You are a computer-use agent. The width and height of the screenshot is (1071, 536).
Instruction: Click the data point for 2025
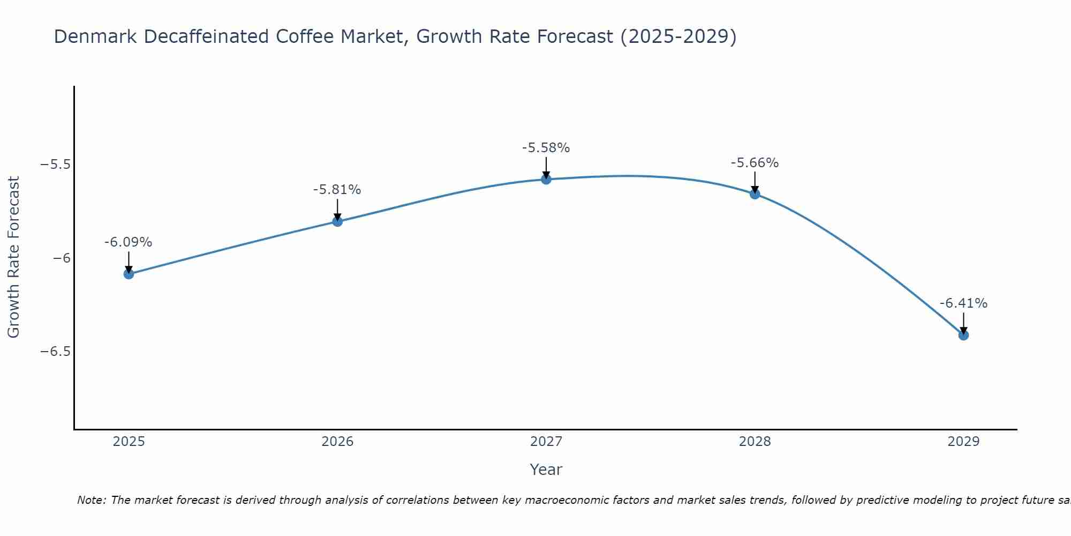coord(129,274)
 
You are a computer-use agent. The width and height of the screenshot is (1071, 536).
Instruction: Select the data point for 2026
coord(337,221)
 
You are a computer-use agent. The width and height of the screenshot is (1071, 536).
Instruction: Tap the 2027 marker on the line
coord(546,179)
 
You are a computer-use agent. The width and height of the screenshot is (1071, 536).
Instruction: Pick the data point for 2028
coord(755,194)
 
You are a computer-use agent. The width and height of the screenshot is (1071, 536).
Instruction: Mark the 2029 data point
coord(963,335)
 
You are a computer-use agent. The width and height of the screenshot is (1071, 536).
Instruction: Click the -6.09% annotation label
coord(128,242)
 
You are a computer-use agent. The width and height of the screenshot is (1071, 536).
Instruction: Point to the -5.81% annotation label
coord(337,190)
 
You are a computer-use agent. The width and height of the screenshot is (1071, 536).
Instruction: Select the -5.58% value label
coord(546,148)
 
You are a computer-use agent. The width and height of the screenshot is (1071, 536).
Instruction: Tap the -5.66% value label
coord(755,163)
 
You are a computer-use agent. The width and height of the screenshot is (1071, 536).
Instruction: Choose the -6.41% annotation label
coord(963,303)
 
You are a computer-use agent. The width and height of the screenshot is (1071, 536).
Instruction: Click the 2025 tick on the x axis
coord(129,442)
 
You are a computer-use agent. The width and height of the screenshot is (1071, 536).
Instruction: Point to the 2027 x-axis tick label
coord(546,442)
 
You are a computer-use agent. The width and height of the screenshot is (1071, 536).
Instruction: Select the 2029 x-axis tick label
coord(963,442)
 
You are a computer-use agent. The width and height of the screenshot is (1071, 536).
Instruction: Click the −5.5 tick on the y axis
coord(56,165)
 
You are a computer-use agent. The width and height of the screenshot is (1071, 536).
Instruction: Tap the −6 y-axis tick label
coord(62,258)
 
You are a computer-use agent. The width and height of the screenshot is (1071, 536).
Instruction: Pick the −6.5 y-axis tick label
coord(56,352)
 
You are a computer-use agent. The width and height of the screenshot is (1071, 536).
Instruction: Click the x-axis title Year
coord(546,470)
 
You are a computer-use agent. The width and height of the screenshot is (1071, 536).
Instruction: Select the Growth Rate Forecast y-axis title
coord(13,257)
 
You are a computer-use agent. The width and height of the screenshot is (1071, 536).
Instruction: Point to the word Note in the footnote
coord(91,500)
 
